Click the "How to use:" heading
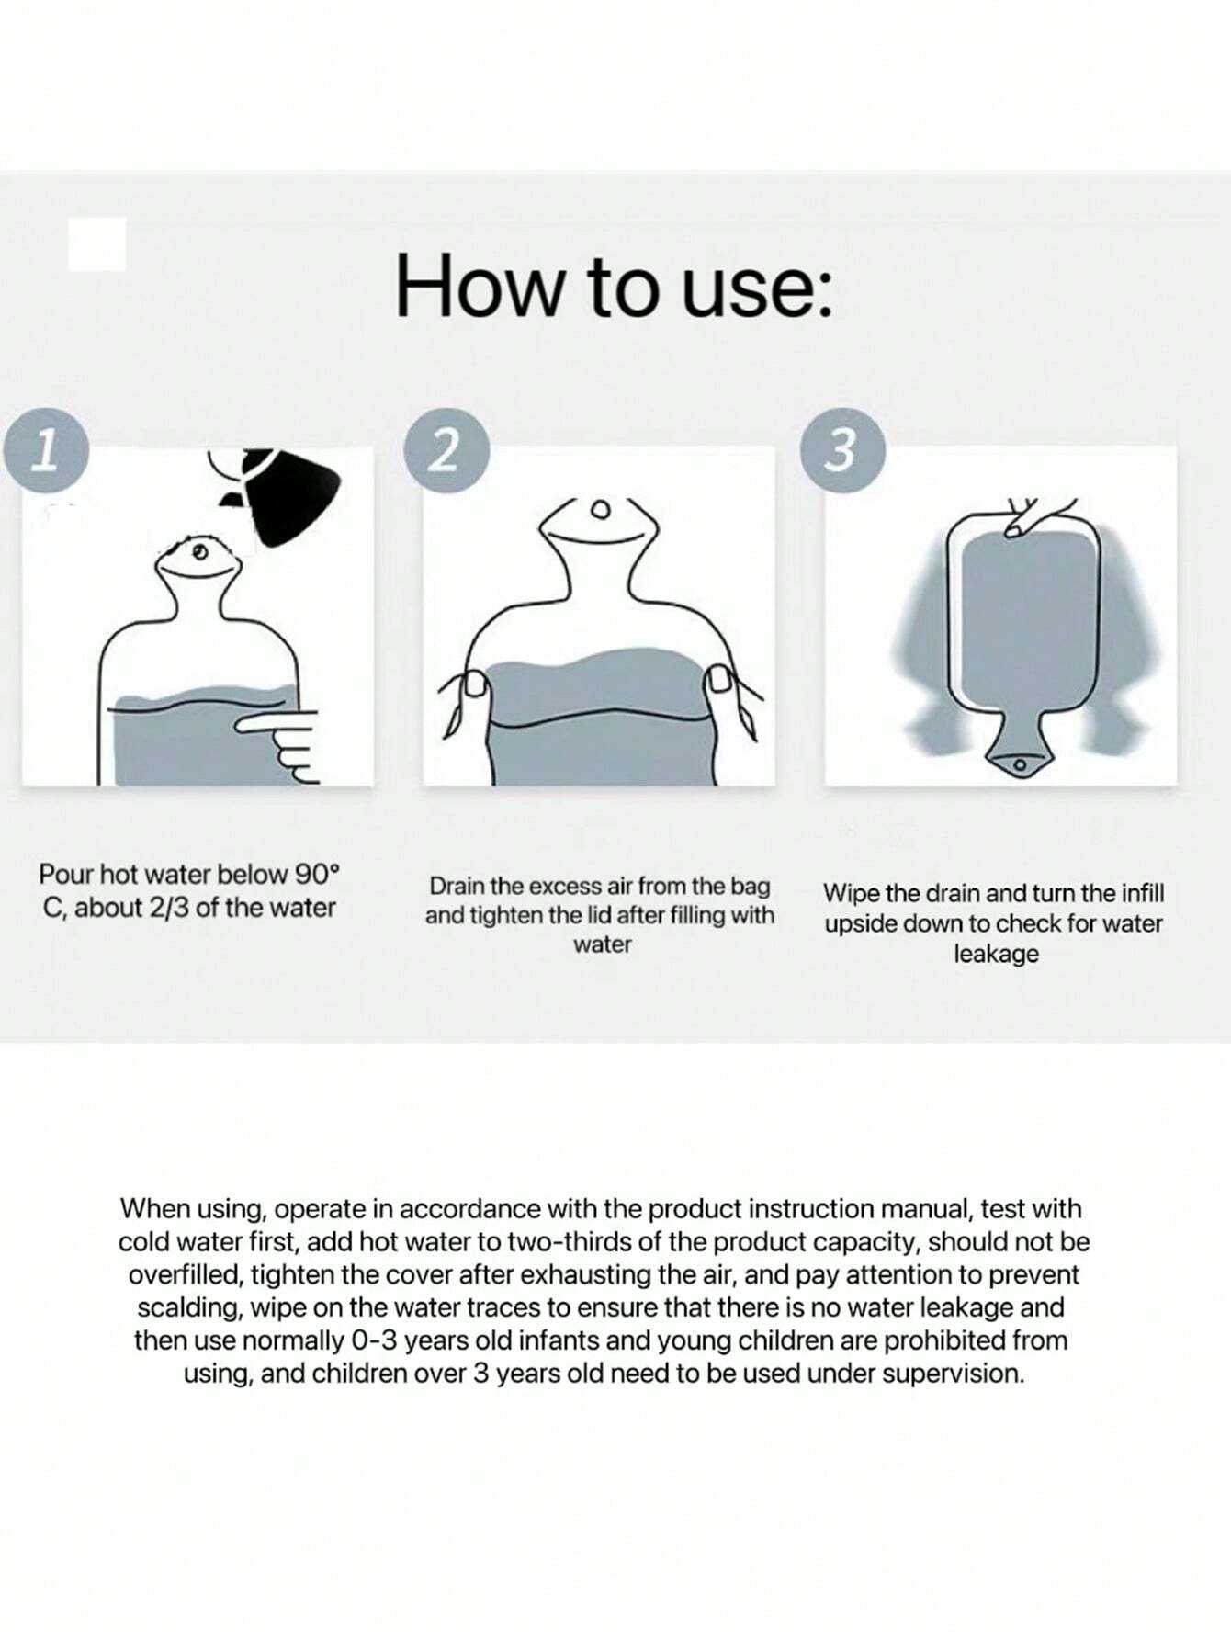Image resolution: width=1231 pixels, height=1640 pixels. pos(614,286)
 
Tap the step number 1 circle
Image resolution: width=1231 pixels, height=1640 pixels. pos(46,450)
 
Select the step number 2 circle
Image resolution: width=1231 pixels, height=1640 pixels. pos(446,450)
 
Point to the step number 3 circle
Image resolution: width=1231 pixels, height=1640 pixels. pos(843,450)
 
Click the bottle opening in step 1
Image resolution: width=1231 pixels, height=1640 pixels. pos(199,552)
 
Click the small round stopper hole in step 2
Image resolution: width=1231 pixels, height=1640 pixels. pos(601,509)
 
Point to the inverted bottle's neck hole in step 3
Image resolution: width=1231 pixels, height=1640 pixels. pos(1018,764)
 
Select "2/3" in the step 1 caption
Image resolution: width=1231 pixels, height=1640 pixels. pos(169,908)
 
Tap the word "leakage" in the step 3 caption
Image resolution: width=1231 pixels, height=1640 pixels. pos(996,954)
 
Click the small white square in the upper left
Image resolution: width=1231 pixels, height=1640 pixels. pos(96,244)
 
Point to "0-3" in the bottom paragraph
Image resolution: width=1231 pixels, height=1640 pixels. pos(374,1340)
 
